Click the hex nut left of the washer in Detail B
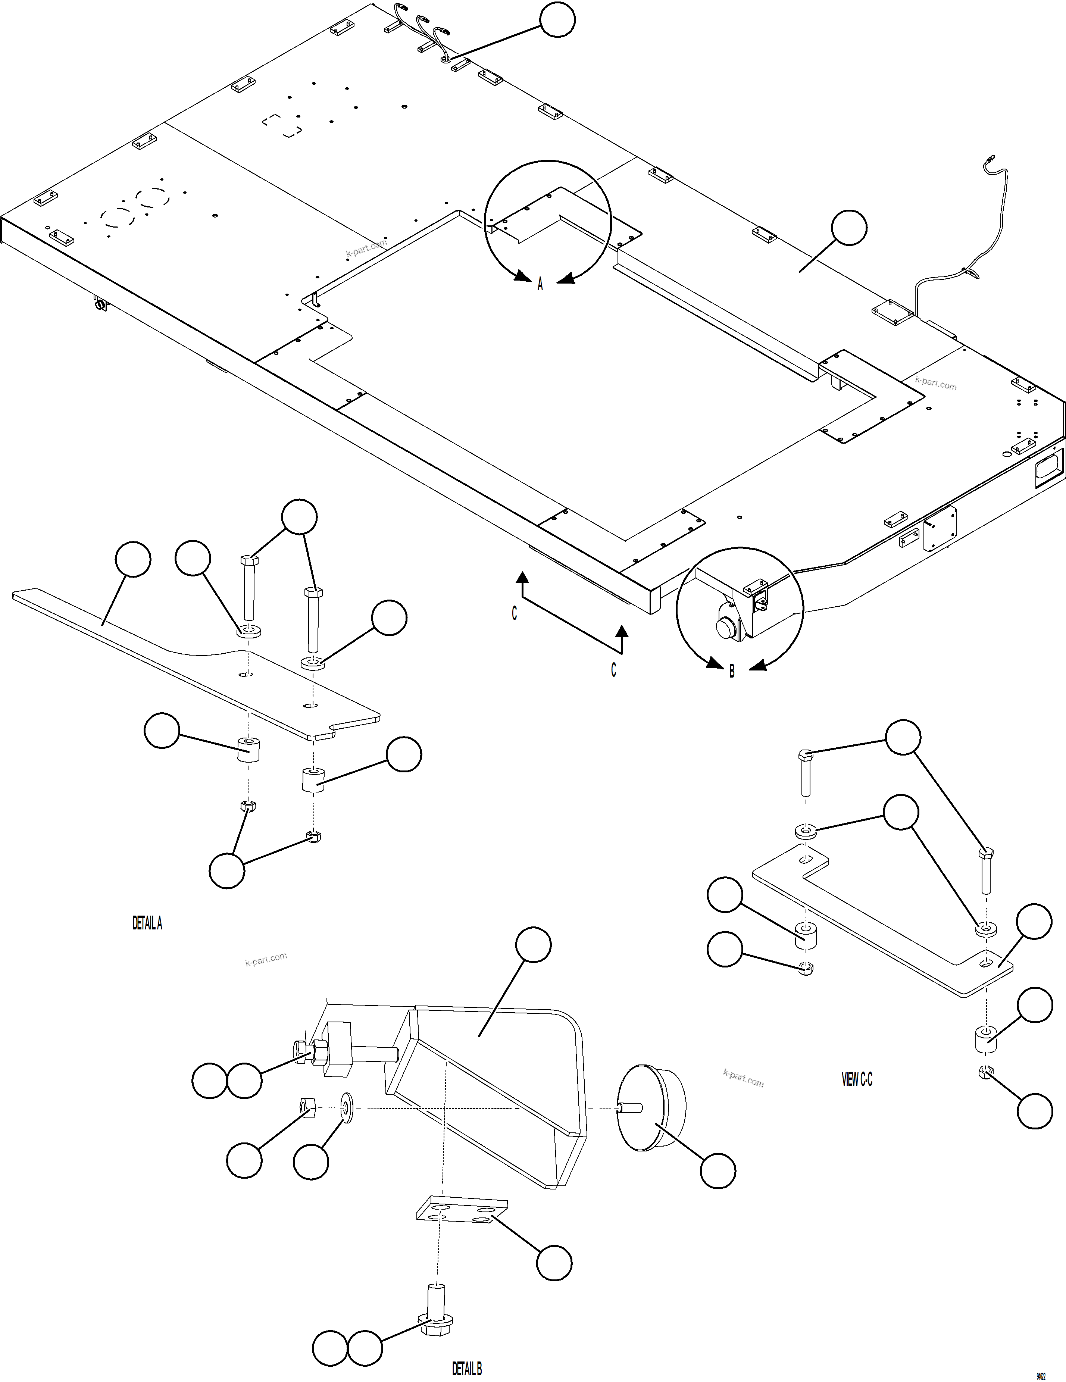tap(307, 1107)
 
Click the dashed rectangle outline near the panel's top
tap(282, 125)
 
